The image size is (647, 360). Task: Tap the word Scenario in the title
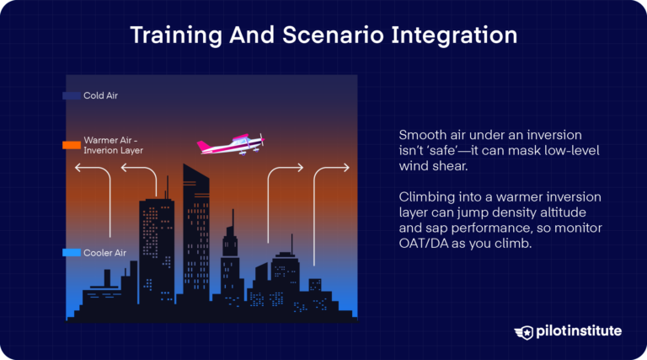[x=326, y=36]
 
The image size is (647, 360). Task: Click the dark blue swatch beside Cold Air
[x=72, y=96]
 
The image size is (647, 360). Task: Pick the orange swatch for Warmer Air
[x=72, y=145]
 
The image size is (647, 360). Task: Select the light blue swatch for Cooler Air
[x=72, y=253]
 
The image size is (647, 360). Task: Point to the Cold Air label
[x=100, y=96]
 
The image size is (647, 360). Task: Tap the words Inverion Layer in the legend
[x=114, y=151]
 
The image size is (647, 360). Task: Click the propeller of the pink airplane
[x=262, y=141]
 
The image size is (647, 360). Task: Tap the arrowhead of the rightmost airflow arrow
[x=346, y=169]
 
